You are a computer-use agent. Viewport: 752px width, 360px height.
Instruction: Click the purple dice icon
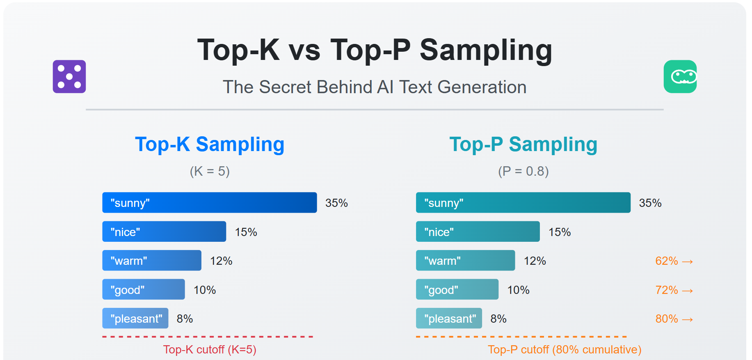[x=69, y=77]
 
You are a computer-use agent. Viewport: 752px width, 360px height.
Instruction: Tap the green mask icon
[x=680, y=77]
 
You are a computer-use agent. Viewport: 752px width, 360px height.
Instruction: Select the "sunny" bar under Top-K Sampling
[x=209, y=202]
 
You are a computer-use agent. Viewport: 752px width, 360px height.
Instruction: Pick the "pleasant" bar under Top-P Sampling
[x=449, y=318]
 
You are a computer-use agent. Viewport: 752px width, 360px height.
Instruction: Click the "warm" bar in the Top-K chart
[x=151, y=260]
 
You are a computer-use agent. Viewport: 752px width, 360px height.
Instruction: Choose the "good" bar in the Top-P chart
[x=457, y=289]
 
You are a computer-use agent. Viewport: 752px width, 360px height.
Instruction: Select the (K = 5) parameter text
[x=209, y=171]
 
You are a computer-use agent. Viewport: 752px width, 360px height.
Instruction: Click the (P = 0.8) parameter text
[x=523, y=171]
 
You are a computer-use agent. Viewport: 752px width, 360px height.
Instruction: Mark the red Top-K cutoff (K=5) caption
[x=209, y=349]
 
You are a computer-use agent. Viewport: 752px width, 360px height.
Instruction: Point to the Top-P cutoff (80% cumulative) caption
[x=564, y=349]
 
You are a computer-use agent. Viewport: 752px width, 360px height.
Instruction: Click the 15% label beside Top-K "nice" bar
[x=246, y=232]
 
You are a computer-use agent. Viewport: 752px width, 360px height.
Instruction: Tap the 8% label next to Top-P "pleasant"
[x=498, y=319]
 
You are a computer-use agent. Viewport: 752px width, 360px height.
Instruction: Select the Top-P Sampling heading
[x=523, y=144]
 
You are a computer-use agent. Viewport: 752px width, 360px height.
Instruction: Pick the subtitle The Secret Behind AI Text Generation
[x=374, y=87]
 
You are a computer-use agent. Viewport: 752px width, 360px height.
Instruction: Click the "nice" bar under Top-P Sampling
[x=478, y=232]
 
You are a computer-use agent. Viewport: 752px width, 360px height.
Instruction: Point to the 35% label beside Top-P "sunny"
[x=650, y=203]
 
